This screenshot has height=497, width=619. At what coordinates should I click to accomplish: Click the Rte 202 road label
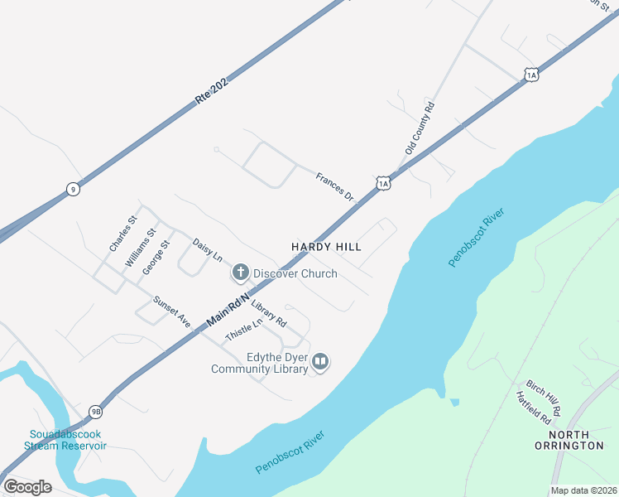coord(211,89)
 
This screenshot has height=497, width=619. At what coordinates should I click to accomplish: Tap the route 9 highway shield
coord(74,190)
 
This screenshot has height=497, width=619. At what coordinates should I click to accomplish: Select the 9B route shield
coord(96,412)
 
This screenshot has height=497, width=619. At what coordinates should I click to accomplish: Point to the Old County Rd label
coord(420,128)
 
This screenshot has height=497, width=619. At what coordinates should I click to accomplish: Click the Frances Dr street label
coord(334,186)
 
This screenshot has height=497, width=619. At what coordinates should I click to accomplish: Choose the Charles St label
coord(122,234)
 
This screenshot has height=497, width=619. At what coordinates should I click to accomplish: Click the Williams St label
coord(140,248)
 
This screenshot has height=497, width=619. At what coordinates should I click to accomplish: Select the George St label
coord(155,257)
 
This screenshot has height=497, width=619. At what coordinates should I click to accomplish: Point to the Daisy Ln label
coord(208,251)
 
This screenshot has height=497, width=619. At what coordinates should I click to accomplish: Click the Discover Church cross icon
coord(240,272)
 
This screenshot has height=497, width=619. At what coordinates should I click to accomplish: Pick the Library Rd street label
coord(268,312)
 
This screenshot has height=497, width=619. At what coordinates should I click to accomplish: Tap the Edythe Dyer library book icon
coord(320,362)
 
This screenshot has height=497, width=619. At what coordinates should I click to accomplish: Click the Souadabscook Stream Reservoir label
coord(68,440)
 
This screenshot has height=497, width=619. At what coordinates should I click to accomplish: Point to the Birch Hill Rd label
coord(544,398)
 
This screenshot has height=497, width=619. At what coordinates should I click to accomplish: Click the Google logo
coord(27,486)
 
